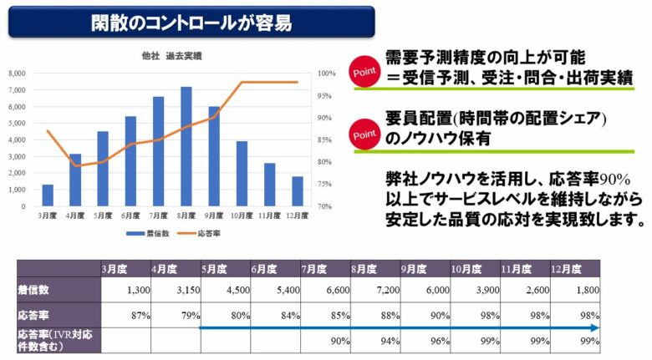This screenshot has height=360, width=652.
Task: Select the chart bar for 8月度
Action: [x=186, y=146]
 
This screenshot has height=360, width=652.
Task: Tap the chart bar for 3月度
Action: [x=48, y=195]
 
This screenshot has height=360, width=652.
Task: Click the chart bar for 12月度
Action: [x=298, y=191]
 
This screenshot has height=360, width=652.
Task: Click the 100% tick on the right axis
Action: [x=326, y=74]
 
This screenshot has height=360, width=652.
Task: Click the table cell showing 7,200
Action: [x=374, y=289]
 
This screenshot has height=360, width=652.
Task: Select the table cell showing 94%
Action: [x=374, y=341]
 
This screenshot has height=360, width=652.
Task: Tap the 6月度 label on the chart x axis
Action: [x=130, y=215]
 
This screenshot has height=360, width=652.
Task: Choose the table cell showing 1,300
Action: [x=125, y=289]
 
